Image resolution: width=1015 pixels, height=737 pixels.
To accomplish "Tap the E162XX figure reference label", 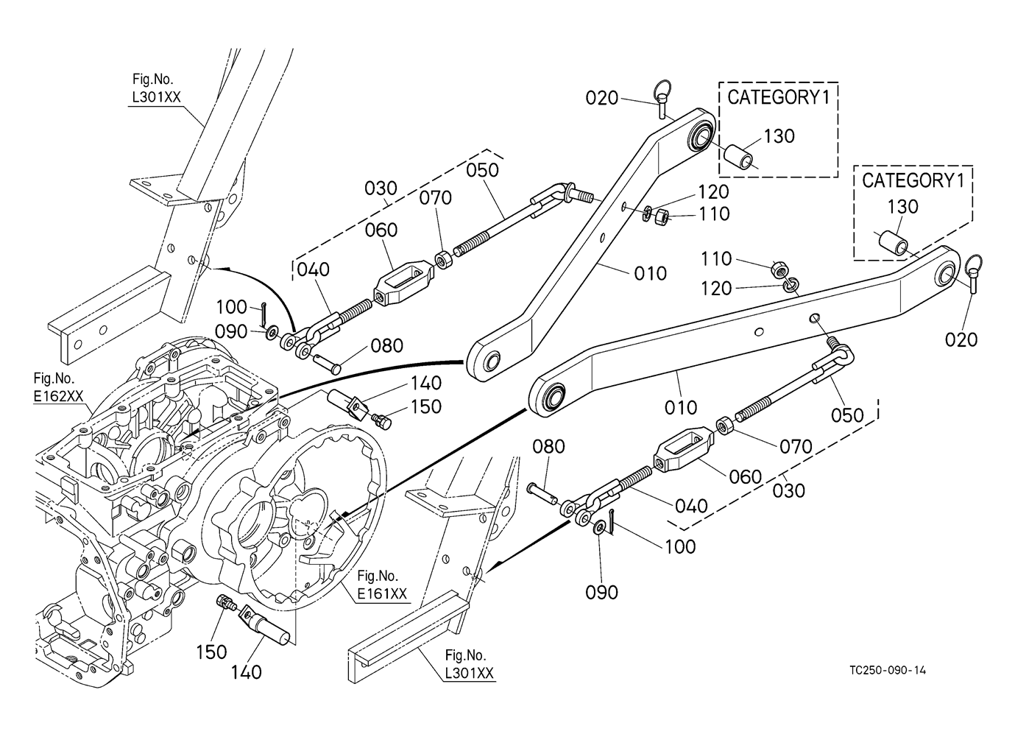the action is point(59,396).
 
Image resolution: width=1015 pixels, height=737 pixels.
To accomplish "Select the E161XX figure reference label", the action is point(382,593).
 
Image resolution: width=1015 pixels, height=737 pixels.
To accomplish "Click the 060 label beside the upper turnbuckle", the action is point(381,230).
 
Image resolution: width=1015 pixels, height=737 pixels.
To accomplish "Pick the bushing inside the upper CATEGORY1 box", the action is point(738,157).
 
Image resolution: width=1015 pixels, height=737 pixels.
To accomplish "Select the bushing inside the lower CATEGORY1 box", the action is point(894,245).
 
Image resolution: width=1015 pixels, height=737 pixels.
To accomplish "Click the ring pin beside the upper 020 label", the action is point(662,99).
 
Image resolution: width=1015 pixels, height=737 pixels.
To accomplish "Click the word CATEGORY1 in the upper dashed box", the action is point(779,97).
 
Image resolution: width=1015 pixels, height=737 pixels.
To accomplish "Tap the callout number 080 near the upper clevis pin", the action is point(386,346).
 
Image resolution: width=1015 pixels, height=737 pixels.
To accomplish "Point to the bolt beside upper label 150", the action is point(383,421).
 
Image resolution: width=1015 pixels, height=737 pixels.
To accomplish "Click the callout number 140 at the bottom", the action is point(247,671).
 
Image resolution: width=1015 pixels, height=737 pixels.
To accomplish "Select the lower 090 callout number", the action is point(602,592).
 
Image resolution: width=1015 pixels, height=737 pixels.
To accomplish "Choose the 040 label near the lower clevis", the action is point(691,506).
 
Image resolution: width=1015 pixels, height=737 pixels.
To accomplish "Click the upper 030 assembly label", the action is point(381,188).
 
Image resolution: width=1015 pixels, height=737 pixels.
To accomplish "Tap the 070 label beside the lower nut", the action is point(796,446).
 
